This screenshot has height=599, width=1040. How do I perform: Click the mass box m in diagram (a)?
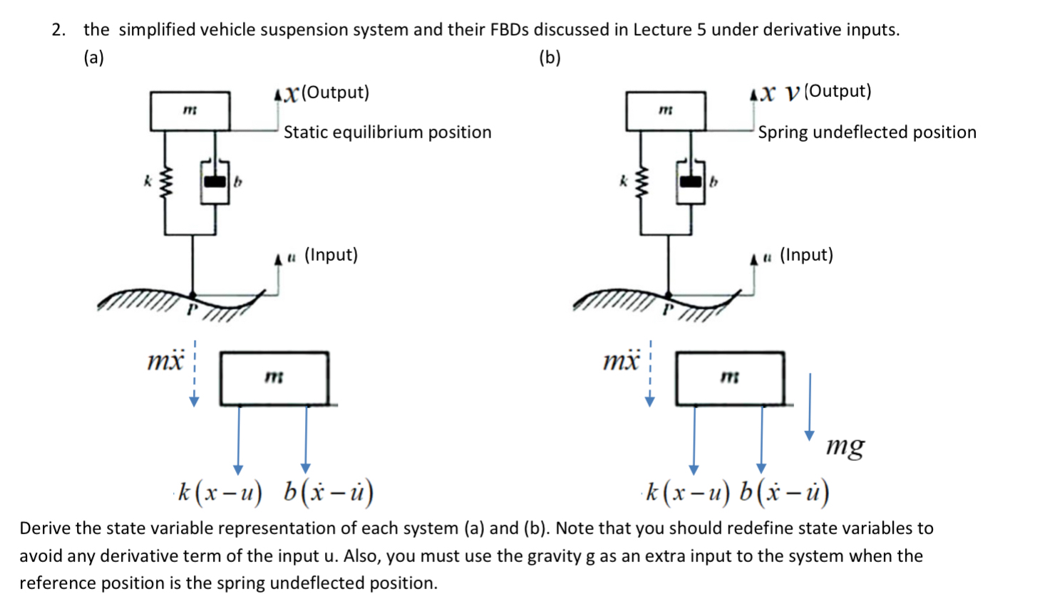[x=190, y=110]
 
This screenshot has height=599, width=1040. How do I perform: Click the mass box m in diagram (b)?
[x=665, y=110]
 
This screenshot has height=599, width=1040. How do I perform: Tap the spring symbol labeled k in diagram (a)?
[x=166, y=182]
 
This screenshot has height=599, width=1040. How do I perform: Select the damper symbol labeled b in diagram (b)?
[x=690, y=182]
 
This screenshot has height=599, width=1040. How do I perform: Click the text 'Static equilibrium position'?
[x=387, y=132]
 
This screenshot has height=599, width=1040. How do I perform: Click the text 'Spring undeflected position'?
[x=867, y=132]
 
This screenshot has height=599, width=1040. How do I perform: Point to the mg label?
[x=845, y=446]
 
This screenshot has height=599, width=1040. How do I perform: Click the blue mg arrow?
[x=809, y=406]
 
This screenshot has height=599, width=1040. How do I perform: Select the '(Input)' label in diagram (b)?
[x=806, y=255]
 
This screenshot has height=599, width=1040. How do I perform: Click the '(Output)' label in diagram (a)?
[x=335, y=93]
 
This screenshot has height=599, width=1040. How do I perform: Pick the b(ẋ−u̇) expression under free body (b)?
[x=783, y=491]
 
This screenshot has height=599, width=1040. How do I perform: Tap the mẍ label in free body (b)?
[x=621, y=361]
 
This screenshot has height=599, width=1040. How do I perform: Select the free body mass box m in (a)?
[x=274, y=377]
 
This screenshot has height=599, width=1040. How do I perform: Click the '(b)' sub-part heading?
[x=550, y=58]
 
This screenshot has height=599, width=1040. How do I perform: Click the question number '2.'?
[x=58, y=30]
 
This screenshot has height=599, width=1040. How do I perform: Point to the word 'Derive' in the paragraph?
[x=44, y=528]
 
